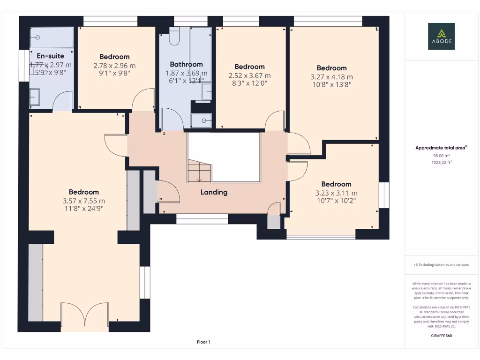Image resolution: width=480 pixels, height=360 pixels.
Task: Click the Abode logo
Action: click(441, 36)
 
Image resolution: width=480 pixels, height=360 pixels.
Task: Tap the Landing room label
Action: click(214, 192)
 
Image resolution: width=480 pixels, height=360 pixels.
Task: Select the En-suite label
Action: click(51, 56)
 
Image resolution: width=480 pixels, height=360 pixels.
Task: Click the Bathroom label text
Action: click(186, 64)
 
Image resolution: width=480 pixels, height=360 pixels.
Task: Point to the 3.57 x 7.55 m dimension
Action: click(84, 201)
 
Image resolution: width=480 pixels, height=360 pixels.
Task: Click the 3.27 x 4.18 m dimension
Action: click(332, 77)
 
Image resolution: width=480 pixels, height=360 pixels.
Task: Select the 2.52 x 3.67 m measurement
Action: click(249, 75)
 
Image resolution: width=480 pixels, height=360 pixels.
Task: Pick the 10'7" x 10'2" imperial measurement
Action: click(337, 201)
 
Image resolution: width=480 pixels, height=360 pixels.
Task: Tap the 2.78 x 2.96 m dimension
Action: click(114, 66)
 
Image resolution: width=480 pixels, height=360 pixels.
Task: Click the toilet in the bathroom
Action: click(174, 36)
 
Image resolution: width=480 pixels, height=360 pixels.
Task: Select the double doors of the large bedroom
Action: click(85, 317)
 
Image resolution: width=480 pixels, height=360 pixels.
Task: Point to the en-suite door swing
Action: click(62, 101)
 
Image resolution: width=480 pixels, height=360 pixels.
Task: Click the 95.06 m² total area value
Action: click(442, 156)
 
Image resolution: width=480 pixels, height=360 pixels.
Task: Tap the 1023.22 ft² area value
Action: click(442, 162)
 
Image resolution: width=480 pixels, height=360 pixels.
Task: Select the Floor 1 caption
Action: click(203, 342)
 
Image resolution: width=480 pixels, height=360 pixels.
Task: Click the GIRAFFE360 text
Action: click(442, 336)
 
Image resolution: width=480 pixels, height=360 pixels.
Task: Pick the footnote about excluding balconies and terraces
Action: click(441, 265)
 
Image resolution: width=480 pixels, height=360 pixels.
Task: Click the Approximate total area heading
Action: click(441, 148)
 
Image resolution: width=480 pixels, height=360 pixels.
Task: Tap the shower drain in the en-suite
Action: click(37, 37)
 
